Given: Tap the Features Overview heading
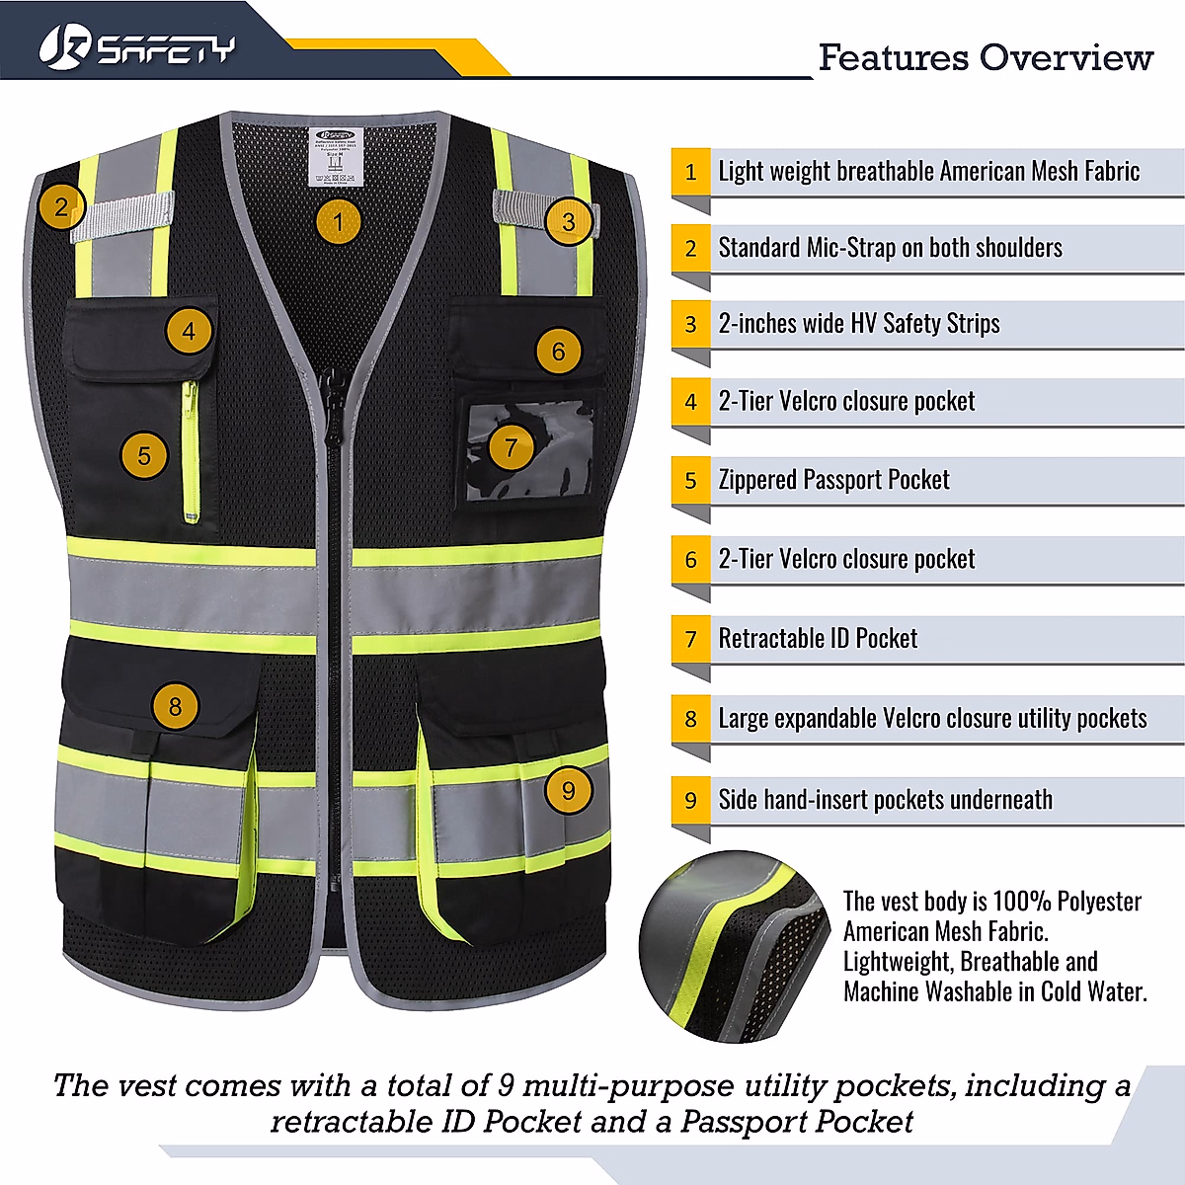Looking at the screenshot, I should click(985, 57).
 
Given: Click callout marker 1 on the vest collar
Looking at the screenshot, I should click(338, 221).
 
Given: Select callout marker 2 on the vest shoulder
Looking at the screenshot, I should click(61, 207).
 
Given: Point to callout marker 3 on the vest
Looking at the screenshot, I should click(568, 221).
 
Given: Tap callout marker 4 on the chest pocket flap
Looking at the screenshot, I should click(189, 331).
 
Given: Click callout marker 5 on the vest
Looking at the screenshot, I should click(144, 455).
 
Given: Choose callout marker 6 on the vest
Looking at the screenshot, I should click(558, 352).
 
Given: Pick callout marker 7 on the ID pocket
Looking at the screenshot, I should click(511, 447).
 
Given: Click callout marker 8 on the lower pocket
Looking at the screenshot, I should click(175, 706).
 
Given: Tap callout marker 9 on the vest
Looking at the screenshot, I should click(568, 790).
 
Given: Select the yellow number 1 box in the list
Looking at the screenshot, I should click(691, 172).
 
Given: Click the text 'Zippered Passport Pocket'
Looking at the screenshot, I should click(833, 480).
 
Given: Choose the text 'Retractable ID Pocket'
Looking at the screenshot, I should click(818, 639).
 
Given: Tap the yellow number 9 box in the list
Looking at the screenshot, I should click(691, 800).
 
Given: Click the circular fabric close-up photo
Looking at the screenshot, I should click(733, 946).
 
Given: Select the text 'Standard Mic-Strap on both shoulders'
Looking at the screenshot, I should click(890, 248).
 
